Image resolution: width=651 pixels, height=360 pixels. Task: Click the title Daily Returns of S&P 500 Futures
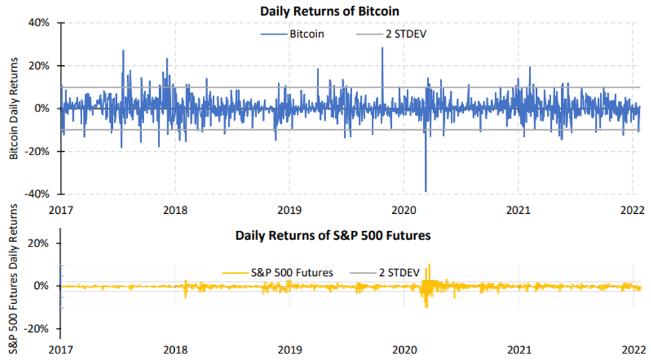[333, 236]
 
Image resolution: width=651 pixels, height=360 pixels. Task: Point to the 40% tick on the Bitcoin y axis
[37, 23]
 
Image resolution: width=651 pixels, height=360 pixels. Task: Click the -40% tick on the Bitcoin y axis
[36, 194]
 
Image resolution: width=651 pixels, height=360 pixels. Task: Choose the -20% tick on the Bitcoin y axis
[36, 151]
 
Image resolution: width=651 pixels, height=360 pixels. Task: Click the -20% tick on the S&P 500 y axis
[36, 329]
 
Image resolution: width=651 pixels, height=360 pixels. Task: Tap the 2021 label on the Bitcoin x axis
[518, 210]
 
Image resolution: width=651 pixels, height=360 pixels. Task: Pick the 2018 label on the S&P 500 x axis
[175, 350]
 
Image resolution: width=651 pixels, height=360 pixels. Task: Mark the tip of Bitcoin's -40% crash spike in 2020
[426, 192]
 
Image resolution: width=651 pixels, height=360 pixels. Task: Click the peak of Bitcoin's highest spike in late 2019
[382, 48]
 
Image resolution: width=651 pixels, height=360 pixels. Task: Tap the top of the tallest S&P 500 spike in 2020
[429, 264]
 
